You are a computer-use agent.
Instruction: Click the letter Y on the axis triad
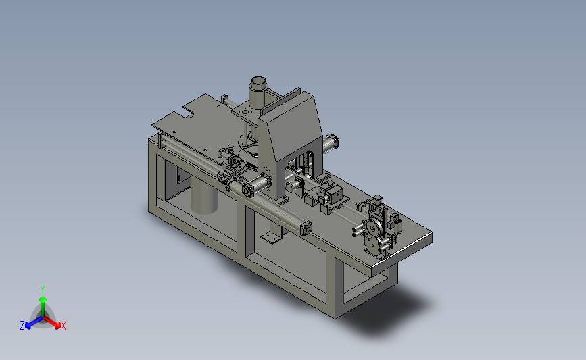(42, 290)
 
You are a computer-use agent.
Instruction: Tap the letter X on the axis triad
(63, 326)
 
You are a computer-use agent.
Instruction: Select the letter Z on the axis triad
(22, 326)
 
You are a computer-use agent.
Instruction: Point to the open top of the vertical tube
(258, 81)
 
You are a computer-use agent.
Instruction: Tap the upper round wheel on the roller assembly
(372, 227)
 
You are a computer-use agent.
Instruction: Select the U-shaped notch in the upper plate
(189, 111)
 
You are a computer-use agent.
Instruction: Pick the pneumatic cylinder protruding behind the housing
(330, 144)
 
